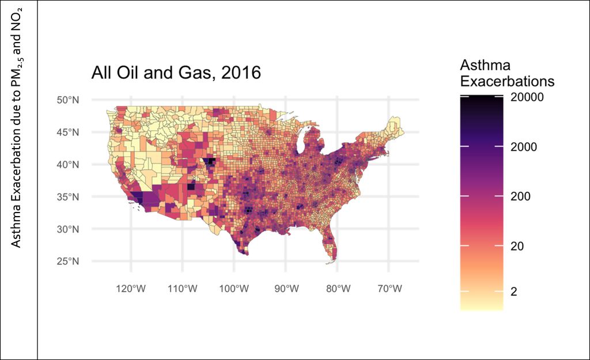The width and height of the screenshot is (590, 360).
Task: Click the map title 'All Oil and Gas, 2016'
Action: tap(176, 73)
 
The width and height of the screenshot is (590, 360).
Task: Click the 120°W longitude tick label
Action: tap(131, 288)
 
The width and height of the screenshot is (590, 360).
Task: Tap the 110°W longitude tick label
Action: tap(183, 288)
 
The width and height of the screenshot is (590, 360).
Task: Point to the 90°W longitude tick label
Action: tap(286, 288)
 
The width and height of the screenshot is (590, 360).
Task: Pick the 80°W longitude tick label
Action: tap(337, 288)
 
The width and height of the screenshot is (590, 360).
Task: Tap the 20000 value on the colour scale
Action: tap(528, 98)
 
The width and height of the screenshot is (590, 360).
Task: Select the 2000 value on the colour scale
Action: tap(524, 147)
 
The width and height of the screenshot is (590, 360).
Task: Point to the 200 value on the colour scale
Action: tap(521, 196)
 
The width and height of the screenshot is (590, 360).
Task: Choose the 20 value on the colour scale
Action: tap(519, 246)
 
